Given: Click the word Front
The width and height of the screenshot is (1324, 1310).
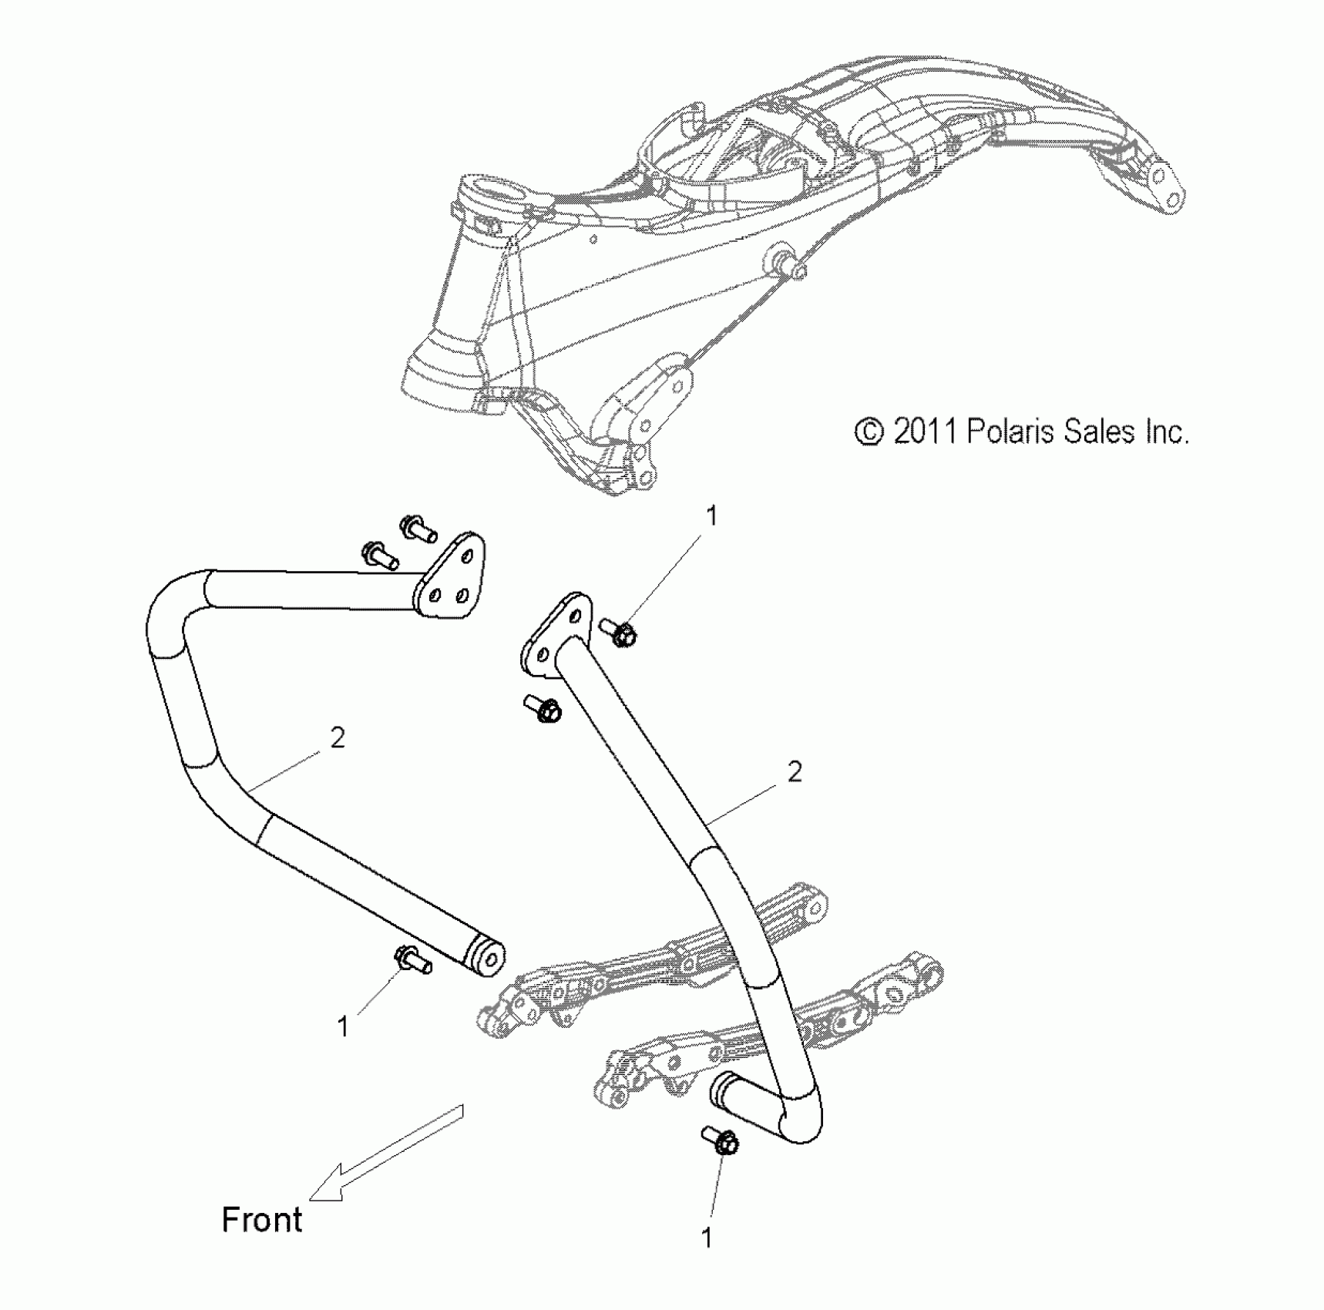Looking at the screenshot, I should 262,1220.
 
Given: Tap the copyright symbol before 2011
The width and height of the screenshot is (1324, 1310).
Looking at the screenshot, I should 869,432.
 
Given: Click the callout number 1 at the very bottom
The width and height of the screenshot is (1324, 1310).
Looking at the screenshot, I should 706,1238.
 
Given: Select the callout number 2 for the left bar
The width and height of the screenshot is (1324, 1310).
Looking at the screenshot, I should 337,738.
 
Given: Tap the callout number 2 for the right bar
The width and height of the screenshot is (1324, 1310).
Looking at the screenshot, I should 795,771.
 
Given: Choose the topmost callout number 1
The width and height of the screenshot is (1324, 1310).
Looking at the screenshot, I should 711,516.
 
